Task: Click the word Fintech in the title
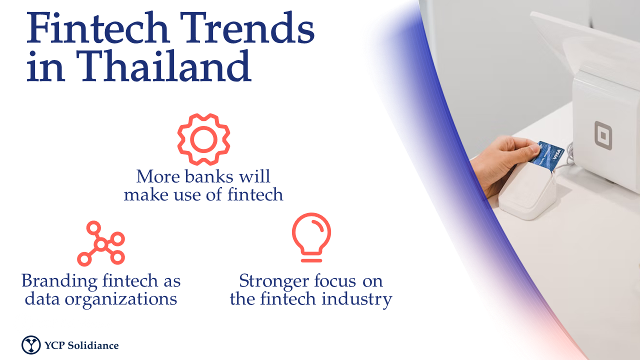click(x=97, y=28)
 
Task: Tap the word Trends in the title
click(x=247, y=28)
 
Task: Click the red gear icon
click(x=203, y=139)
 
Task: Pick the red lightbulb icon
click(x=311, y=237)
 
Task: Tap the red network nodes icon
click(x=101, y=243)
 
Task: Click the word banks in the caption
click(x=209, y=176)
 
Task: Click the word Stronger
click(x=274, y=281)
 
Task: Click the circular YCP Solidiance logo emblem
click(x=31, y=345)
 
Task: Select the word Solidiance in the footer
click(x=93, y=345)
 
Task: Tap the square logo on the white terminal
click(x=603, y=135)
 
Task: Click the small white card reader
click(x=527, y=191)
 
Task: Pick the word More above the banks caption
click(x=158, y=176)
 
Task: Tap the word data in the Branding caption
click(x=42, y=299)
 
